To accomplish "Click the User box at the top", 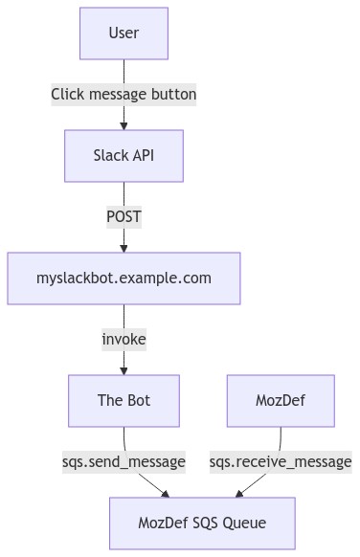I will pyautogui.click(x=124, y=33).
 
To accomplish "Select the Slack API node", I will pyautogui.click(x=124, y=155).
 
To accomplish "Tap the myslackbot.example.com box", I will pyautogui.click(x=124, y=278).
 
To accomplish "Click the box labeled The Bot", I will pyautogui.click(x=124, y=400).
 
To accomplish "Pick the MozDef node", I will pyautogui.click(x=281, y=400).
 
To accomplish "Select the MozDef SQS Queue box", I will pyautogui.click(x=202, y=523).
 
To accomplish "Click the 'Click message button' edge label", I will pyautogui.click(x=124, y=95).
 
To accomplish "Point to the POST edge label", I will pyautogui.click(x=124, y=217).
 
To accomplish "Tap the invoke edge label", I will pyautogui.click(x=124, y=339).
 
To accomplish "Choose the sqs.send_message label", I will pyautogui.click(x=124, y=461).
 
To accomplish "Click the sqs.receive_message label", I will pyautogui.click(x=281, y=461).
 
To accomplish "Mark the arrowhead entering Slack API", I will pyautogui.click(x=124, y=124).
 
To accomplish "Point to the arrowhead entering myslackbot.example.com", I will pyautogui.click(x=124, y=247).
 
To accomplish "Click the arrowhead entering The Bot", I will pyautogui.click(x=124, y=369).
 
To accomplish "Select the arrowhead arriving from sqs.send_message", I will pyautogui.click(x=165, y=494).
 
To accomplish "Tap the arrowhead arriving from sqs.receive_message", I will pyautogui.click(x=239, y=494).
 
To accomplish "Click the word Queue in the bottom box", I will pyautogui.click(x=243, y=523).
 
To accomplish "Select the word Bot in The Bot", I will pyautogui.click(x=137, y=400).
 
